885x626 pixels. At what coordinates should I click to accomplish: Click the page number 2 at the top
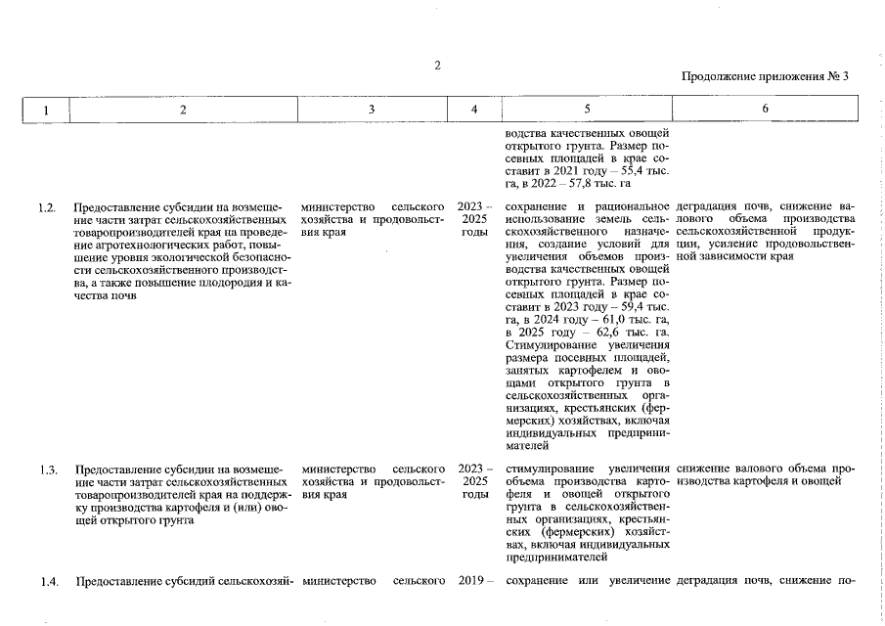[x=438, y=66]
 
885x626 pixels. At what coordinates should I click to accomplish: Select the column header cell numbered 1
[x=45, y=110]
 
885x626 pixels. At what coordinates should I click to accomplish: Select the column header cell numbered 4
[x=474, y=110]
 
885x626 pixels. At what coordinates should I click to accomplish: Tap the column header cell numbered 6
[x=765, y=110]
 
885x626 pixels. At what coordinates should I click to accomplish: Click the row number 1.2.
[x=46, y=207]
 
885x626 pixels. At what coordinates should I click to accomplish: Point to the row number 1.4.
[x=46, y=583]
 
